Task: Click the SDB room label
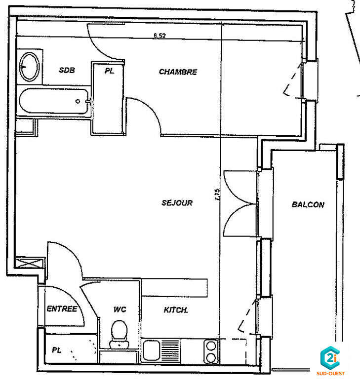coord(67,70)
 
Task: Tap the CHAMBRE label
coord(178,72)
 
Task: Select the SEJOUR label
coord(177,203)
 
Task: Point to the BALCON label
coord(308,204)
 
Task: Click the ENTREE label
coord(62,309)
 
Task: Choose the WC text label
coord(120,310)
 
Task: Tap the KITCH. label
coord(175,311)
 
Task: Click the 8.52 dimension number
coord(160,36)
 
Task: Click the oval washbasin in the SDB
coord(30,67)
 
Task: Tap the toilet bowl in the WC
coord(119,330)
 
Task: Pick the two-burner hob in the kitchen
coord(211,351)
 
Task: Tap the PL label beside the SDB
coord(109,71)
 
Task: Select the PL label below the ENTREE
coord(57,350)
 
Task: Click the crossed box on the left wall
coord(28,264)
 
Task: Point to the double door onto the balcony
coord(240,203)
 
